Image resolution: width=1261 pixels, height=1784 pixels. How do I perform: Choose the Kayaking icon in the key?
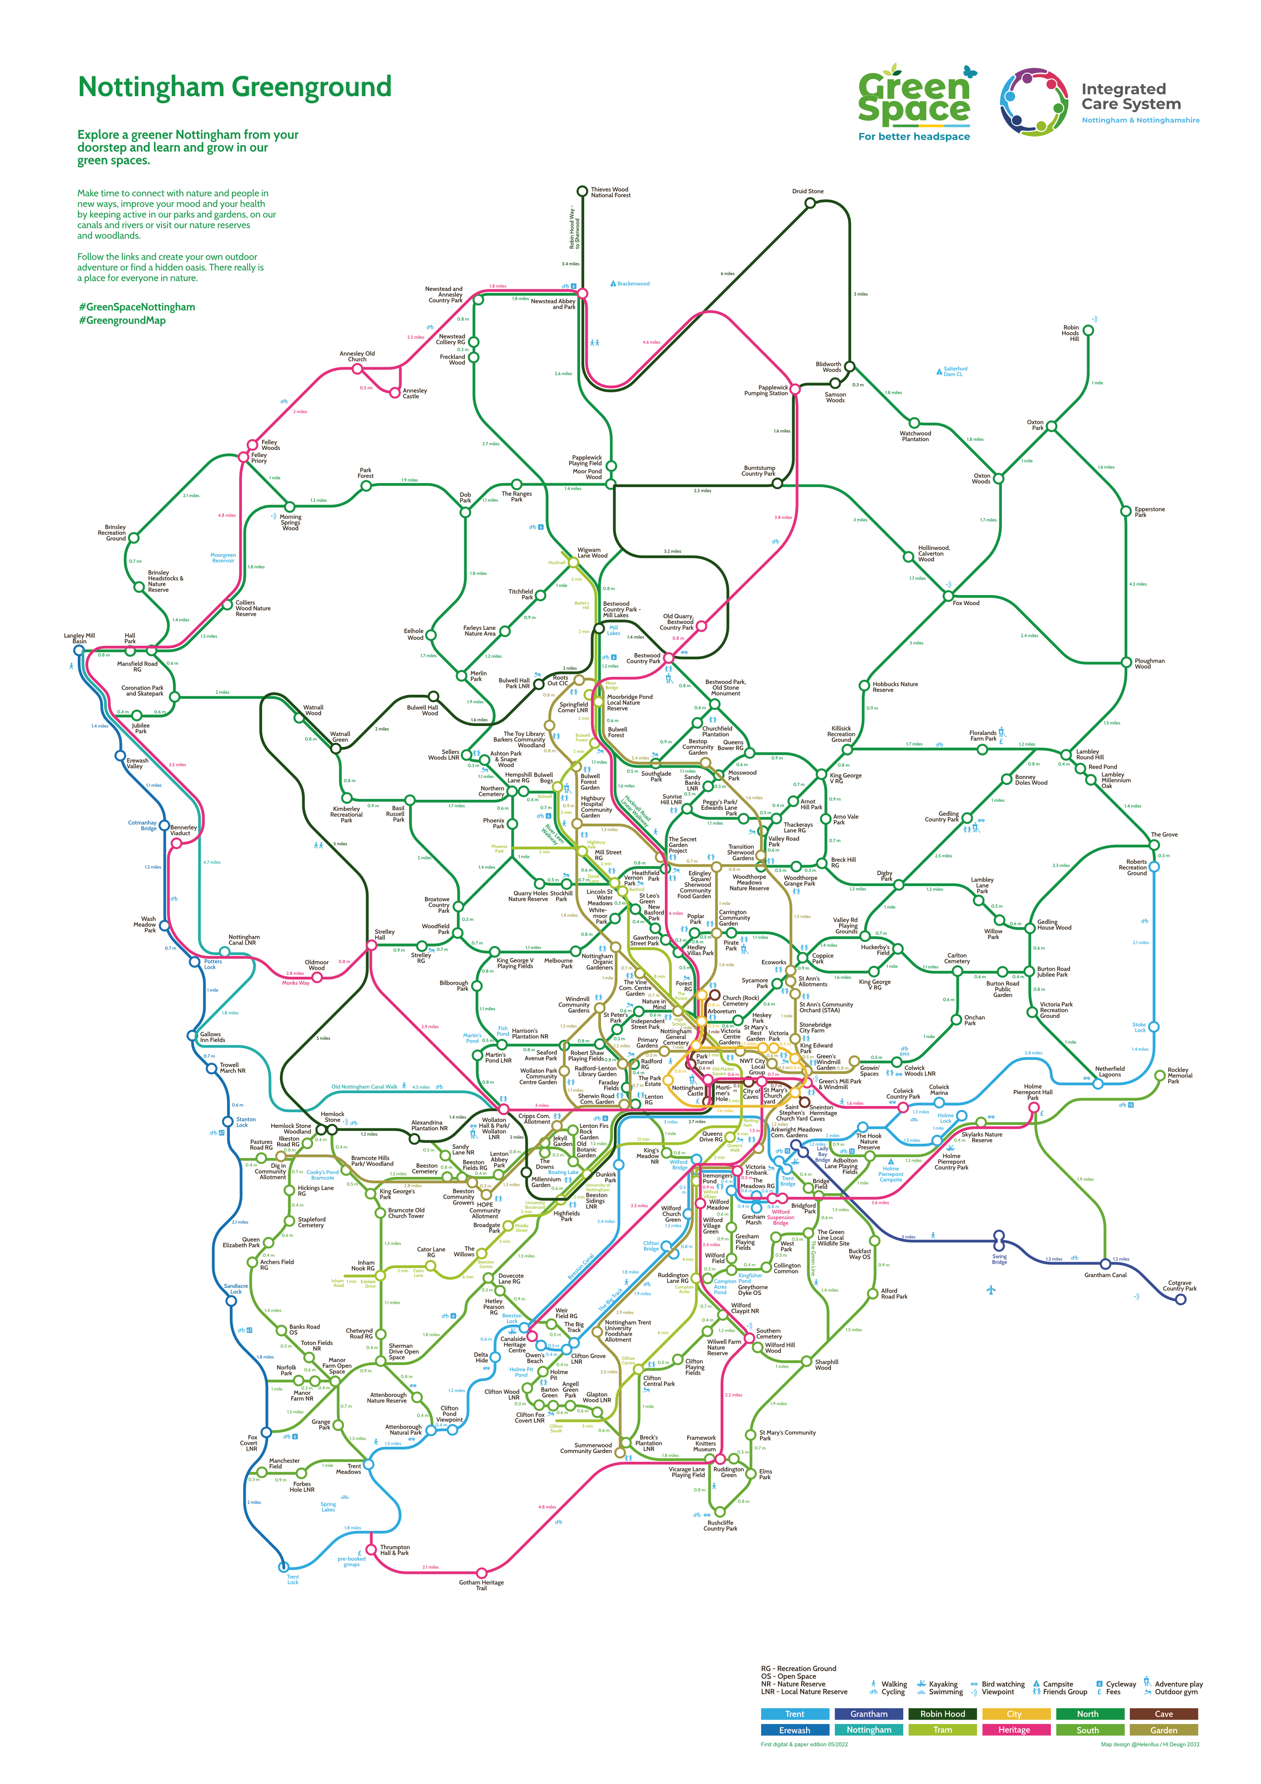[922, 1684]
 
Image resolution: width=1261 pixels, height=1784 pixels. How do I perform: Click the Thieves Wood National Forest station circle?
[582, 191]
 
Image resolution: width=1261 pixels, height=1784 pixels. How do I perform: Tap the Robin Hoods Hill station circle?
[1088, 330]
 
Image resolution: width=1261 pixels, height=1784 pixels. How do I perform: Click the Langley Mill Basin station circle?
[78, 650]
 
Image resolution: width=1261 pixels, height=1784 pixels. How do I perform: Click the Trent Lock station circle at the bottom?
[283, 1566]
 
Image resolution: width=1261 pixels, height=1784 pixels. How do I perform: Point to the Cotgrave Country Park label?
[1179, 1286]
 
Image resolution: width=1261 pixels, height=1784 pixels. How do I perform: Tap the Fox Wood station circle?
[948, 596]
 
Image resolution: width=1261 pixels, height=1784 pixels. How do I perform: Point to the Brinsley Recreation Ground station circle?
[134, 538]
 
